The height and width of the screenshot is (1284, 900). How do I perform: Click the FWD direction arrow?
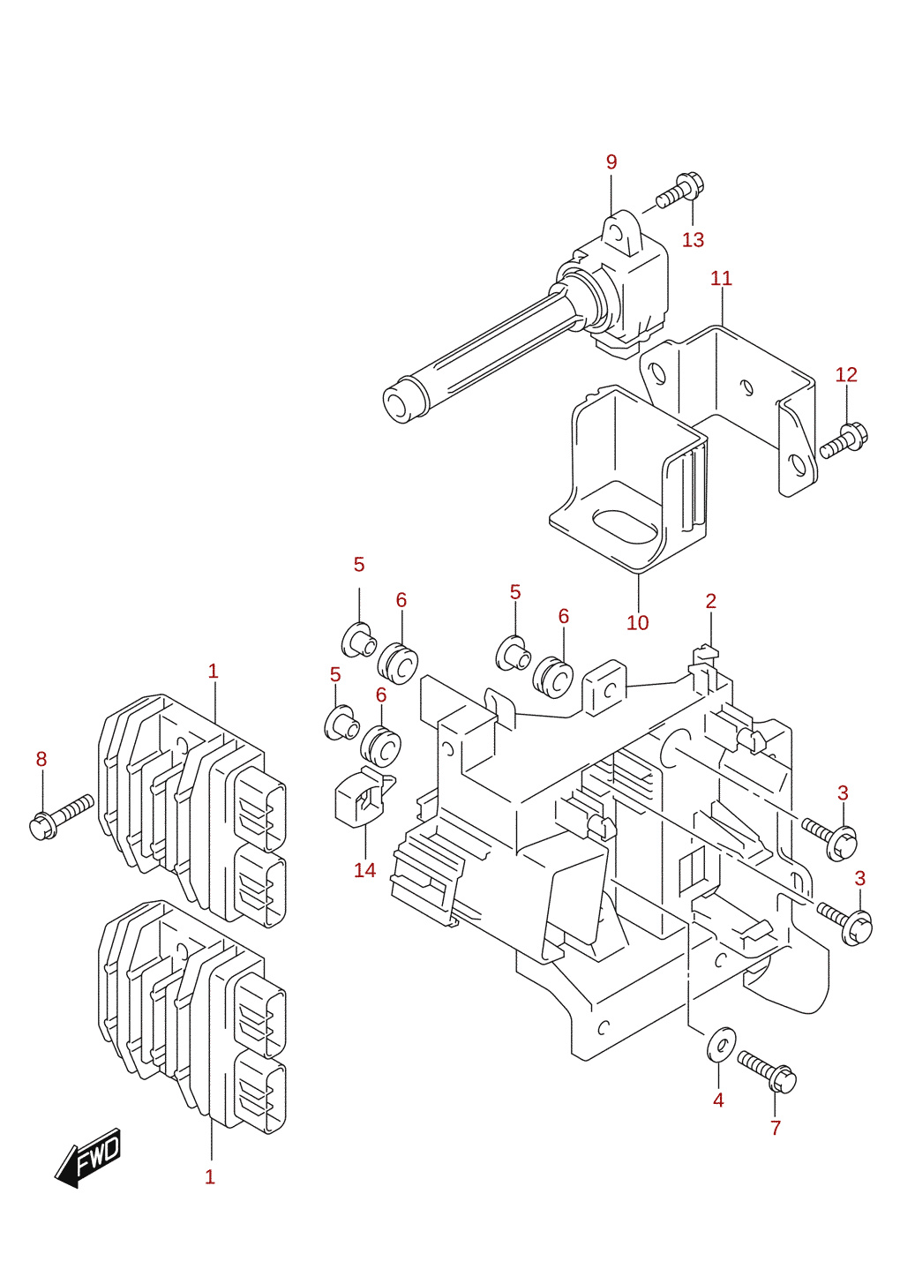pos(88,1157)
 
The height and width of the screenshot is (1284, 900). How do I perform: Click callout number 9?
pos(611,162)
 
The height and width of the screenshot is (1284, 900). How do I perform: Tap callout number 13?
pos(693,240)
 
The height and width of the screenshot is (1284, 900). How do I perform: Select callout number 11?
pos(721,279)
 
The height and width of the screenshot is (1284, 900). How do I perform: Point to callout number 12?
pos(846,375)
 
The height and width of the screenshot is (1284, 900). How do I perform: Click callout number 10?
pos(637,622)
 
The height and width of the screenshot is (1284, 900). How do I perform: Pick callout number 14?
pos(364,870)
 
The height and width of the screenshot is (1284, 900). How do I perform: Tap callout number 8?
pos(41,759)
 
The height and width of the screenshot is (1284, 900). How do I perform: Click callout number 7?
pos(776,1128)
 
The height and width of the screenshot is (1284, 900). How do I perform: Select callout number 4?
pos(718,1100)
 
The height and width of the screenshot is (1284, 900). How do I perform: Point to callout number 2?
pos(711,601)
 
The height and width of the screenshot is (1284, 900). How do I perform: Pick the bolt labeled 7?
pos(767,1072)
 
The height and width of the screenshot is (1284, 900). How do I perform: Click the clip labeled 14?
pos(363,796)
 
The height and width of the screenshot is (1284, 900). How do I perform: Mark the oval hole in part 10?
pos(626,527)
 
